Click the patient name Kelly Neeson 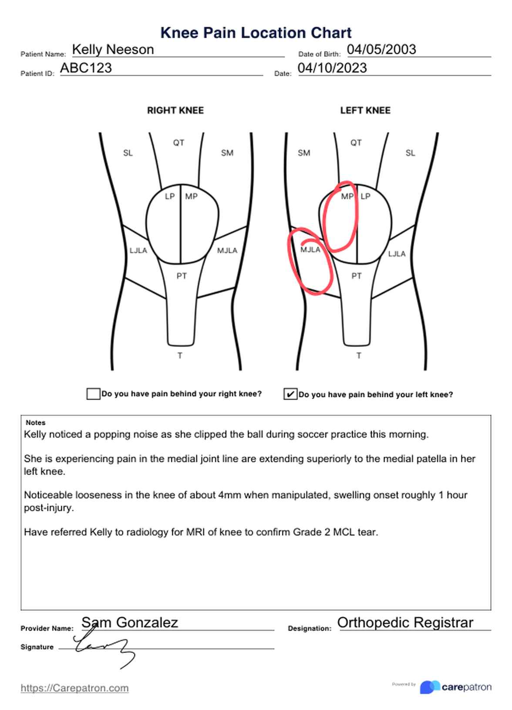(113, 50)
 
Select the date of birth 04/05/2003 (381, 49)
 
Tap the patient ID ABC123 (86, 68)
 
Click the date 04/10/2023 (332, 68)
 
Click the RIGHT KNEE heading (175, 111)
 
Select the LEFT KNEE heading (365, 111)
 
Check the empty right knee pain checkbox (93, 394)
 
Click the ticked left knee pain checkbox (290, 394)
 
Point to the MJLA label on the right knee (227, 250)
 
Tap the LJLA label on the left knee (397, 254)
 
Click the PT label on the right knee (182, 276)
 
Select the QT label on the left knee (356, 143)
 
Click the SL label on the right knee (128, 153)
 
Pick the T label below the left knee (359, 356)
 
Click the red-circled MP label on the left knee (347, 196)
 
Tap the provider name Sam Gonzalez (130, 622)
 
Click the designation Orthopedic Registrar (405, 622)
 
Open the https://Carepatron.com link (74, 688)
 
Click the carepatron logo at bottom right (455, 687)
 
